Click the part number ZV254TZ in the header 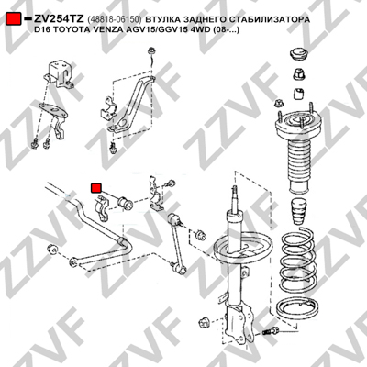(59, 19)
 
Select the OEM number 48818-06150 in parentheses (115, 19)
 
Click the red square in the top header (14, 19)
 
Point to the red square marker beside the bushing (96, 188)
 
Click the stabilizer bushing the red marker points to (125, 203)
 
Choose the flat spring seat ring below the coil (297, 307)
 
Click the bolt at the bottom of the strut (271, 330)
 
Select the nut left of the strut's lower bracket (203, 322)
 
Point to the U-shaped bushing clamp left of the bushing (101, 207)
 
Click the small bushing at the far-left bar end (52, 250)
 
